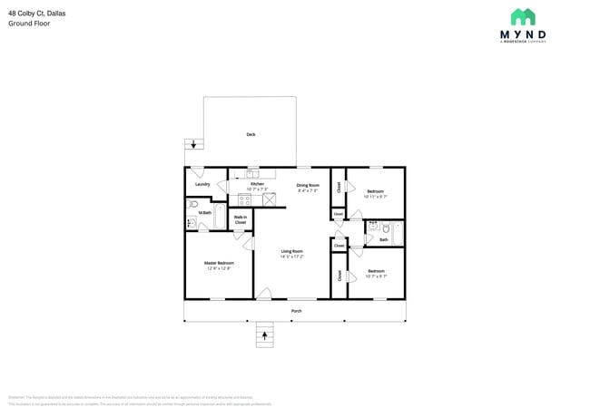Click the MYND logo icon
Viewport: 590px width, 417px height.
pyautogui.click(x=522, y=17)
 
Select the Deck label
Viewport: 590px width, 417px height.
pyautogui.click(x=251, y=134)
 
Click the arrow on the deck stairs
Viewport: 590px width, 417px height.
pyautogui.click(x=193, y=144)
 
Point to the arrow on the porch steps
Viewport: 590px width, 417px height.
pyautogui.click(x=265, y=335)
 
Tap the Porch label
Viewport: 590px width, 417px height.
pyautogui.click(x=296, y=311)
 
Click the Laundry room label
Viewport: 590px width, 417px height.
pyautogui.click(x=202, y=184)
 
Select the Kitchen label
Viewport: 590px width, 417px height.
pyautogui.click(x=257, y=184)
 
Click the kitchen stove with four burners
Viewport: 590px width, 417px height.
pyautogui.click(x=244, y=199)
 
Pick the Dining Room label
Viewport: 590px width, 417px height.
pyautogui.click(x=308, y=185)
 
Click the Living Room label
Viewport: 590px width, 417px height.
pyautogui.click(x=291, y=251)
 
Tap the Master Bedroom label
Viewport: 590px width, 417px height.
pyautogui.click(x=219, y=263)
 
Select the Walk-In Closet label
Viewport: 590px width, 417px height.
pyautogui.click(x=241, y=219)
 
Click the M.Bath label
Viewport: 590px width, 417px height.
pyautogui.click(x=205, y=213)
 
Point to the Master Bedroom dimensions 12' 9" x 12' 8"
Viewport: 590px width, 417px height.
pyautogui.click(x=219, y=268)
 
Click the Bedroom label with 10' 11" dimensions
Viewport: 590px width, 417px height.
pyautogui.click(x=376, y=190)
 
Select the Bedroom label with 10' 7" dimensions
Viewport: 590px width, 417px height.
pyautogui.click(x=376, y=270)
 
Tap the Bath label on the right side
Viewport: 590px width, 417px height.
pyautogui.click(x=383, y=240)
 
